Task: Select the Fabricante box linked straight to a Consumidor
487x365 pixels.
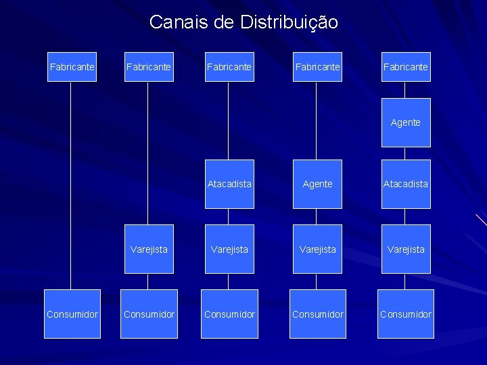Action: pos(72,67)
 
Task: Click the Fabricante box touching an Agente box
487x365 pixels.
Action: pos(406,67)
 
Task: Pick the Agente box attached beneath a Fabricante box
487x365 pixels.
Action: pos(406,122)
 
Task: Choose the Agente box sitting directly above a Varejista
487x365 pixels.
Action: pos(317,184)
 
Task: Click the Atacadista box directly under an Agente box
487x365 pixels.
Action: pos(406,184)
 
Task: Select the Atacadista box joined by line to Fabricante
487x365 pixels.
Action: pos(230,184)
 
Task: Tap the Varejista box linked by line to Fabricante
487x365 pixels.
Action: pos(149,249)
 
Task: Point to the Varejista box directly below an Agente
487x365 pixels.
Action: pos(317,249)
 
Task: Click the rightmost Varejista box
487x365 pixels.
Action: pos(406,249)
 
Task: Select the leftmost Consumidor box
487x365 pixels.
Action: pos(72,314)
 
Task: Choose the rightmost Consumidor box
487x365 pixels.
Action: pos(406,314)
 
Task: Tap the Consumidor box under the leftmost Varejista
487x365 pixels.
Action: pos(149,314)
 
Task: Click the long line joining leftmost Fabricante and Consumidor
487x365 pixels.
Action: pos(70,182)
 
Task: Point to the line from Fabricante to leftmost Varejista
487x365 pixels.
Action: pos(148,152)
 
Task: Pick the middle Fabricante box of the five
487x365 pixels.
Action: pos(230,67)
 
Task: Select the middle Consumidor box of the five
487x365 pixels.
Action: pos(230,314)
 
